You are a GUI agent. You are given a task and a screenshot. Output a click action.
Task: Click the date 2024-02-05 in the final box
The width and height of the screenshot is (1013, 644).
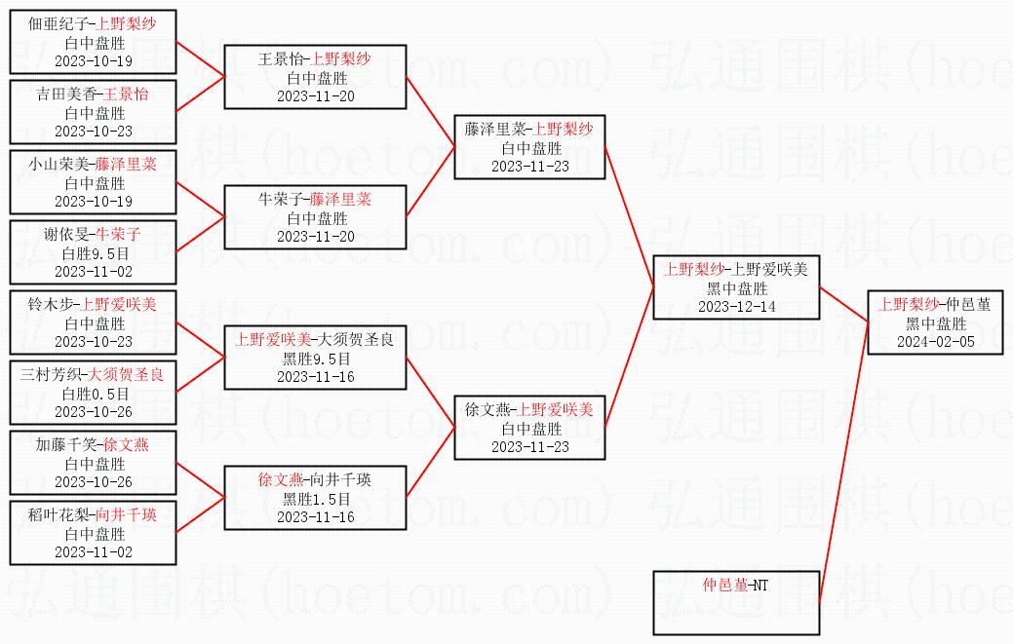tap(935, 342)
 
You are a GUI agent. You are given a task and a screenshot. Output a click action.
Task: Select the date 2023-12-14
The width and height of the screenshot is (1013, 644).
tap(736, 307)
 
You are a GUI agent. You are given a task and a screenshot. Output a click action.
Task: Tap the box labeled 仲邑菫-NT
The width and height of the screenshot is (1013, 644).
tap(736, 603)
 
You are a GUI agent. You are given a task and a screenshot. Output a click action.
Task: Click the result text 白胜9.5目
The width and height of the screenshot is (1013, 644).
tap(96, 253)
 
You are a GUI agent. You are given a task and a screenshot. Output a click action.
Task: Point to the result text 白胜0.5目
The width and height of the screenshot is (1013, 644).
tap(96, 394)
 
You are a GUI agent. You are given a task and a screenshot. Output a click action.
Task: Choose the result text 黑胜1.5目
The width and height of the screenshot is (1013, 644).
tap(317, 499)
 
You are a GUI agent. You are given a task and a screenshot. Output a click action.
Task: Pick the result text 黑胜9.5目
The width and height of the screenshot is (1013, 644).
tap(317, 359)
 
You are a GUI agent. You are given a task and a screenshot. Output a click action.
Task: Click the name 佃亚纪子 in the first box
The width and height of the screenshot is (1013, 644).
tap(58, 24)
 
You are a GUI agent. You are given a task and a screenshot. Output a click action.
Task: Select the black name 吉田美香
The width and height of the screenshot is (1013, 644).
tap(66, 95)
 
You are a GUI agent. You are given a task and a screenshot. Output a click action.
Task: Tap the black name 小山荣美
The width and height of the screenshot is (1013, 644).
tap(58, 165)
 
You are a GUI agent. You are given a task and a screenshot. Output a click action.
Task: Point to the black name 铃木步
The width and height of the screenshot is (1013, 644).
tap(51, 305)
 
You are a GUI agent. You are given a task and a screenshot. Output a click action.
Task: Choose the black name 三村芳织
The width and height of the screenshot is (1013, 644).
tap(51, 375)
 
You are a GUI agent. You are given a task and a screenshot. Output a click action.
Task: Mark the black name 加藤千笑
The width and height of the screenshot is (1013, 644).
tap(66, 444)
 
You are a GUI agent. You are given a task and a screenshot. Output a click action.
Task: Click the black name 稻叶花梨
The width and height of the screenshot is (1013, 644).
tap(58, 515)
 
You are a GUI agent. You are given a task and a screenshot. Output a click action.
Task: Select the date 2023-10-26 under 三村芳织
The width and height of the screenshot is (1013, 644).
tap(94, 412)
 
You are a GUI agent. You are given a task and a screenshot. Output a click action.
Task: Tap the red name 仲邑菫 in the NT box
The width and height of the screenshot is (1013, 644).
tap(724, 586)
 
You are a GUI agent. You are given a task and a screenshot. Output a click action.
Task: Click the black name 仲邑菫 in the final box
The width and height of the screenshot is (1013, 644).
tap(968, 305)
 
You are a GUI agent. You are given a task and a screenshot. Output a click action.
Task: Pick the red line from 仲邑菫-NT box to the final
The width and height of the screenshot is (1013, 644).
tap(843, 463)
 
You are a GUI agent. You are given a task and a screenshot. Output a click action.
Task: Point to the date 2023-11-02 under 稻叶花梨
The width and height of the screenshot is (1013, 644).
tap(94, 552)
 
